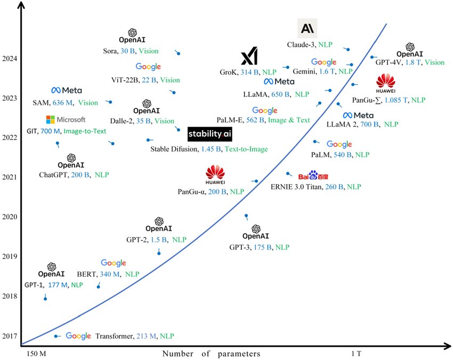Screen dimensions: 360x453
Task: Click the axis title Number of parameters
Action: [x=211, y=354]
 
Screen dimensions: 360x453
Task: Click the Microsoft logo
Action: [x=66, y=120]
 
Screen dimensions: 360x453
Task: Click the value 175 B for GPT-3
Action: [x=263, y=247]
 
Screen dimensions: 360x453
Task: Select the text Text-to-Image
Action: [x=246, y=150]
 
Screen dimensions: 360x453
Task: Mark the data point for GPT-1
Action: [x=45, y=298]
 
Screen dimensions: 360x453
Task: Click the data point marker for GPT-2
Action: [x=159, y=252]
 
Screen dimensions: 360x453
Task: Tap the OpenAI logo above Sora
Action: [x=132, y=34]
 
